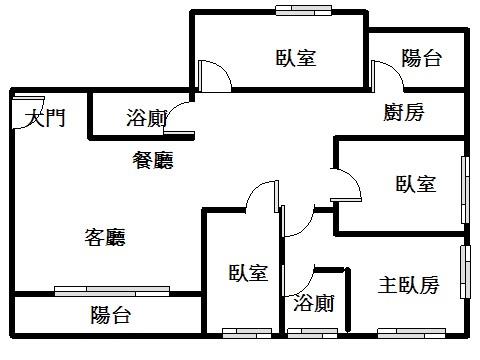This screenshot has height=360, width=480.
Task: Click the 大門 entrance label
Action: pos(45,118)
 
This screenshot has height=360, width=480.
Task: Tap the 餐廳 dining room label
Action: pos(153,160)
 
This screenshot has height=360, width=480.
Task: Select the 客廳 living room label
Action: pos(105,237)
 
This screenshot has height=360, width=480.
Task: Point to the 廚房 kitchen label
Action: pos(404,112)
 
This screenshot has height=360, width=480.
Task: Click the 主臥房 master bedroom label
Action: pos(408,285)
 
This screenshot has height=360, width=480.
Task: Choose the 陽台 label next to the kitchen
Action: pos(422,58)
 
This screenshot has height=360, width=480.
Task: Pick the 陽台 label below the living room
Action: pos(111,314)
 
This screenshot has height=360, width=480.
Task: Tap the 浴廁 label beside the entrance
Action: pos(147,118)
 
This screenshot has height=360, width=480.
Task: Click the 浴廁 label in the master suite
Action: pos(314,303)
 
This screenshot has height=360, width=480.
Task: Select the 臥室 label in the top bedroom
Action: pos(296,57)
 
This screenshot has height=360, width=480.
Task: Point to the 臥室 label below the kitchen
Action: pos(416,183)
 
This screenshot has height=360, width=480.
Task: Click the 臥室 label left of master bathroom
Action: pos(248,272)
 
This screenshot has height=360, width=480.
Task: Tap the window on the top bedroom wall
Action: pos(303,10)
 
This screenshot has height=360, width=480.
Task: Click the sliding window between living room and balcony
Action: pos(112,291)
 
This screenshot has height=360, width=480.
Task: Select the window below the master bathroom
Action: pos(312,333)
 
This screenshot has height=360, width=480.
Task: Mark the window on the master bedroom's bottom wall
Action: pos(411,333)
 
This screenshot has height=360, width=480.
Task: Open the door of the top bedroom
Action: pos(215,76)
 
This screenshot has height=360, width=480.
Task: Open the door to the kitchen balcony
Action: pos(388,76)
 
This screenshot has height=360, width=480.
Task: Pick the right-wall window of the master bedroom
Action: pos(465,272)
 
